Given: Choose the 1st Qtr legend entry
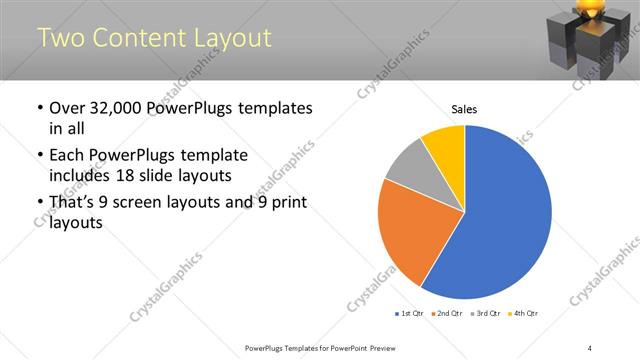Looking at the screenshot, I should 409,314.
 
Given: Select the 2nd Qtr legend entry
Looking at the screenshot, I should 447,314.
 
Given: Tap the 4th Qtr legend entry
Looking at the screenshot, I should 523,314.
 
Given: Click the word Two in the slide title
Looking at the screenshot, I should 61,38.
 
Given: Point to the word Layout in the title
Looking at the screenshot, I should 232,38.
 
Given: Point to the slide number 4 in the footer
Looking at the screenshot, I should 590,347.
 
